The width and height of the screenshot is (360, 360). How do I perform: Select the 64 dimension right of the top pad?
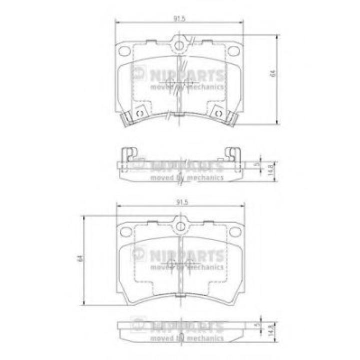point(272,73)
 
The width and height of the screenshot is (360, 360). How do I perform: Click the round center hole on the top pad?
point(178,45)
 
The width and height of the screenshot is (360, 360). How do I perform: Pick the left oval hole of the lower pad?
point(126,231)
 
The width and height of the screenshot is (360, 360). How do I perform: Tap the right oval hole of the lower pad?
point(233,231)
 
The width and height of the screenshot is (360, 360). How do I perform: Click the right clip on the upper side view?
point(231,154)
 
